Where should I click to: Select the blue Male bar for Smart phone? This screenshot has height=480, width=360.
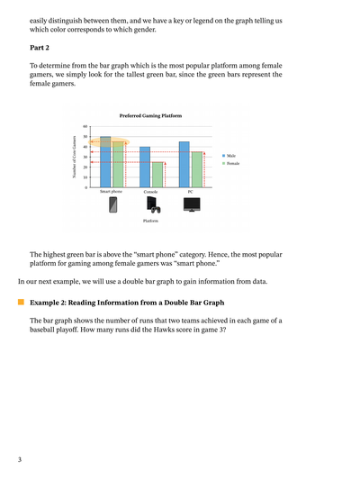click(105, 167)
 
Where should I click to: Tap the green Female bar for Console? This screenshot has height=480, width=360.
click(157, 175)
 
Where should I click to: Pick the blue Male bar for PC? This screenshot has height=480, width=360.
click(184, 164)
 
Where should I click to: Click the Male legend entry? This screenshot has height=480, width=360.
click(230, 156)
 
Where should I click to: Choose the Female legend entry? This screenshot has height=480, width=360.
click(232, 163)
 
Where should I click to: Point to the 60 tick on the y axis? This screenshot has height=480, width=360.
click(85, 127)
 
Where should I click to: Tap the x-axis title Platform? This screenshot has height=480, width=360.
click(150, 221)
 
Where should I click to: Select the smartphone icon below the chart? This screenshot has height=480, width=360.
click(112, 205)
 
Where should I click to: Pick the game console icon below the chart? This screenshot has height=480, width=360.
click(152, 206)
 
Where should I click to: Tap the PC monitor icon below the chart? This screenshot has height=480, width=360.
click(191, 205)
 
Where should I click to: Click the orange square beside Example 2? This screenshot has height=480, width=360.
click(20, 303)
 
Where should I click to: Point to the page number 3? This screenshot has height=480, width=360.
click(19, 460)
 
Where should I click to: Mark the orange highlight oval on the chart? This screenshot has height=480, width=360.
click(109, 142)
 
